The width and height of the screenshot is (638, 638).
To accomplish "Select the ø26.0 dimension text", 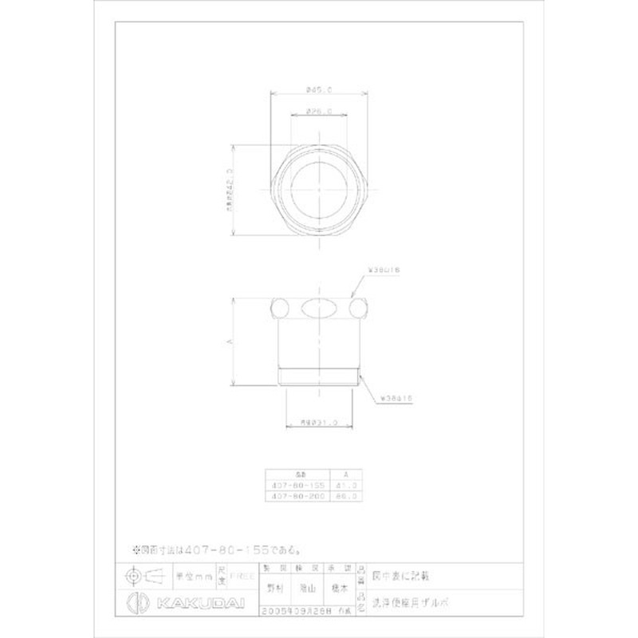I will click(318, 112).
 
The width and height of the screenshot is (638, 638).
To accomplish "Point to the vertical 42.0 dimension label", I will click(226, 189).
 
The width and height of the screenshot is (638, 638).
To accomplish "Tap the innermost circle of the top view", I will click(319, 189).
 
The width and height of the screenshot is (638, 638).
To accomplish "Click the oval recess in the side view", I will click(318, 308).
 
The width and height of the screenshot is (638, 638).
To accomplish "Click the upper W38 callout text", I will click(384, 271).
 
